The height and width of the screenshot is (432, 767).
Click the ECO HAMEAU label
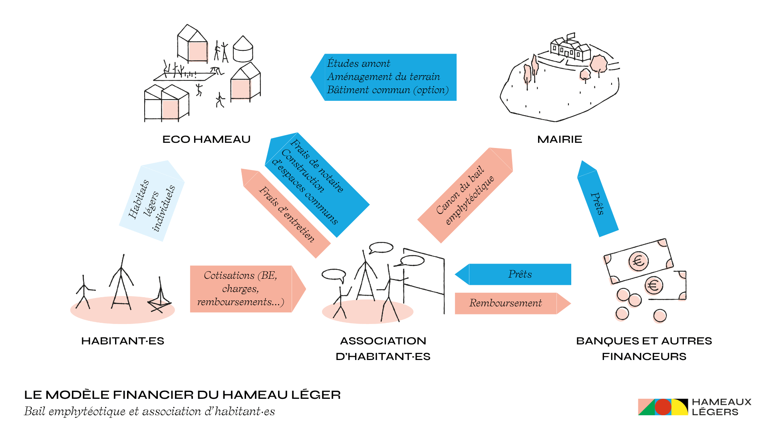tap(206, 139)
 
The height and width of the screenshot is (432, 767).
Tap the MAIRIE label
tap(559, 139)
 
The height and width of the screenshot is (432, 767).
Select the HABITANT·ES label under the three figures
tap(123, 341)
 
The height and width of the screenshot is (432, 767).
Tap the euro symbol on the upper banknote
tap(638, 261)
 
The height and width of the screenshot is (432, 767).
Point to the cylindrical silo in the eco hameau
tap(242, 50)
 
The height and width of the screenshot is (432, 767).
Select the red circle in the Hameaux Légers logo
tap(663, 407)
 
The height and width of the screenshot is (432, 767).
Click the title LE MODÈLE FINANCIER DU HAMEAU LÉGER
tap(182, 395)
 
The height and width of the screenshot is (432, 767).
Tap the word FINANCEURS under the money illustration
tap(644, 356)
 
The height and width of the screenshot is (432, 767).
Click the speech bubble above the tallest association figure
tap(382, 248)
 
